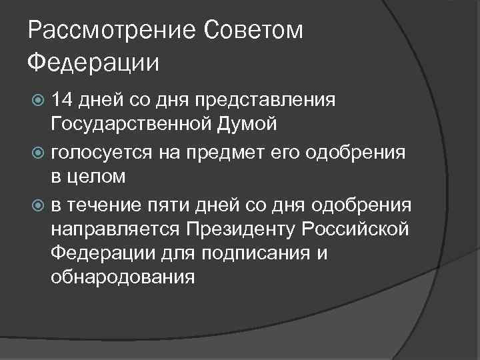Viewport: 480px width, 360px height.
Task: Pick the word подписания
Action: click(x=253, y=253)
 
